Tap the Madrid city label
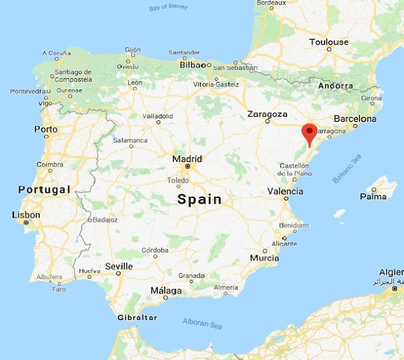pos(187,159)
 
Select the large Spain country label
pos(199,200)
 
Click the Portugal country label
pos(44,190)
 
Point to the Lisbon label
pos(26,216)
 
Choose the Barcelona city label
pos(355,119)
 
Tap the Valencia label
pos(285,191)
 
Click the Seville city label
pos(119,266)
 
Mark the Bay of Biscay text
pos(169,8)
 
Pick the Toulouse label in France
pos(328,42)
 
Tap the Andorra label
pos(335,86)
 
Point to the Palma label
pos(372,197)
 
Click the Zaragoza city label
pos(267,115)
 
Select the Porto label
pos(46,129)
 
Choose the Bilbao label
pos(192,64)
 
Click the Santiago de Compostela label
pos(73,76)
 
